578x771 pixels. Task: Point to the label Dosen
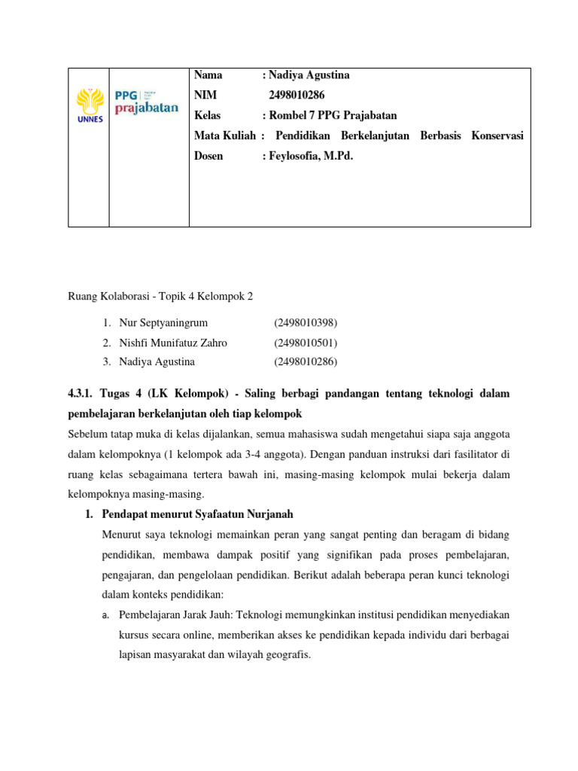point(208,156)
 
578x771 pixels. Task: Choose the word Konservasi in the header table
point(497,136)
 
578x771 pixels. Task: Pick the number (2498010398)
point(306,323)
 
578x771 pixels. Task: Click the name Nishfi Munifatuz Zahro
point(173,343)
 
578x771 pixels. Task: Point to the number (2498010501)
point(306,343)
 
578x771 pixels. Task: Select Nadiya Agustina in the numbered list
point(157,361)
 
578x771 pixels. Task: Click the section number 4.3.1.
point(84,394)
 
